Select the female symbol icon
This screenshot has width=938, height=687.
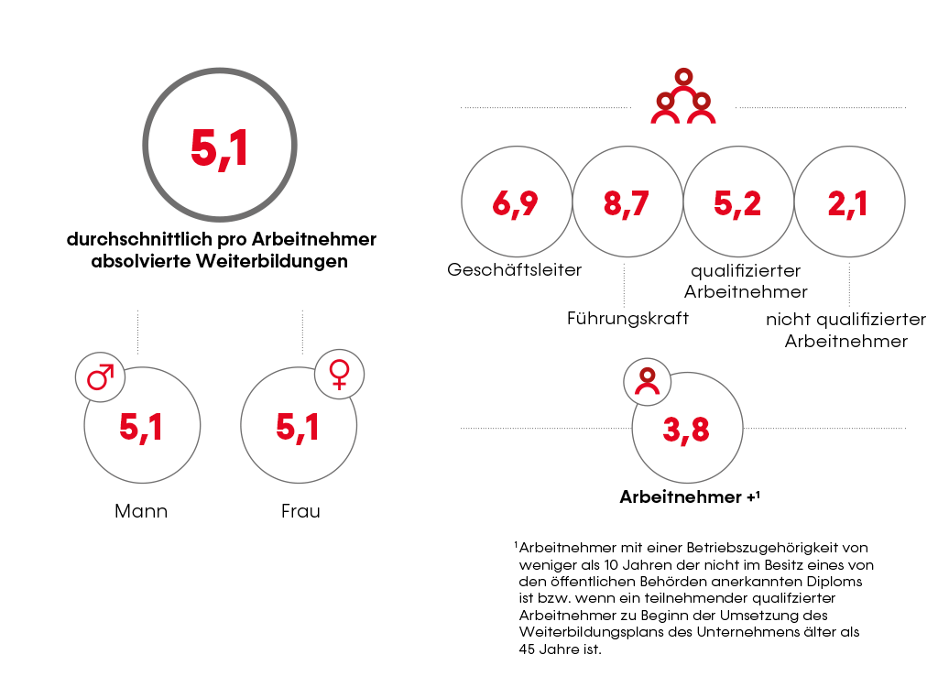339,374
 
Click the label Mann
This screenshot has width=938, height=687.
141,511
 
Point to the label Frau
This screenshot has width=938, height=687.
300,511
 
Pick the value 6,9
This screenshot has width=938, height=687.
515,203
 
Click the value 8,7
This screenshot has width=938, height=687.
627,203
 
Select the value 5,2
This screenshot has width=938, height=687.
737,203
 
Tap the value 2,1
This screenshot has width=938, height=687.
848,203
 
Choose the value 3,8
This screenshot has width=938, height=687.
686,430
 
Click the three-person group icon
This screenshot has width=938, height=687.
682,97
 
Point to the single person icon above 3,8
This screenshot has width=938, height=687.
648,380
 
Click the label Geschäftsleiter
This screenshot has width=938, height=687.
515,270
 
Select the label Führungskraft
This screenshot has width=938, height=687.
627,319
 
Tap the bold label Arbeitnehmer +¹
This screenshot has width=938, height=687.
690,497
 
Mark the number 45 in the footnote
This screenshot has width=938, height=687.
527,649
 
